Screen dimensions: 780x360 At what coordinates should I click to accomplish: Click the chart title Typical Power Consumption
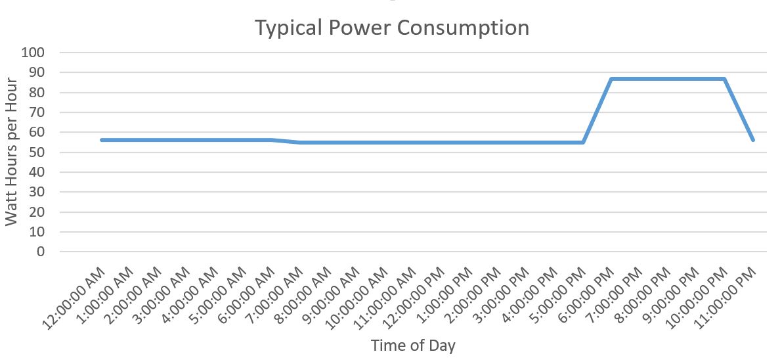392,28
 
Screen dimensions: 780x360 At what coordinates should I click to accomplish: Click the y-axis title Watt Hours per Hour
11,152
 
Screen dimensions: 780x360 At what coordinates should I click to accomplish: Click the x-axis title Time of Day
413,345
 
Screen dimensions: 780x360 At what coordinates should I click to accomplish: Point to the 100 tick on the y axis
33,53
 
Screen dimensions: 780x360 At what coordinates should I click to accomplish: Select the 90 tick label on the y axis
37,72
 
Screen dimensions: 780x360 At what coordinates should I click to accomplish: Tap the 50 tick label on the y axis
37,152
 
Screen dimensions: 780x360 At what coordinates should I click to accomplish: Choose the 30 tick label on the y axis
37,192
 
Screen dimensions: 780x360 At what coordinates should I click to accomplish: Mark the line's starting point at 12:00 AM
102,140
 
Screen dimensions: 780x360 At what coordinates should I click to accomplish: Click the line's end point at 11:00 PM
752,140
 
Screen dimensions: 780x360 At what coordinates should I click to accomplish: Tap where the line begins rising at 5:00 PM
583,143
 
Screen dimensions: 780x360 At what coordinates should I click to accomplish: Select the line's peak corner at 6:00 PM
611,79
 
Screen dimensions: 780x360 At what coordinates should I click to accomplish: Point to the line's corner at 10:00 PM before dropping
724,79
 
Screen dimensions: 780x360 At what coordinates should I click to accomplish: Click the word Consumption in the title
464,28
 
